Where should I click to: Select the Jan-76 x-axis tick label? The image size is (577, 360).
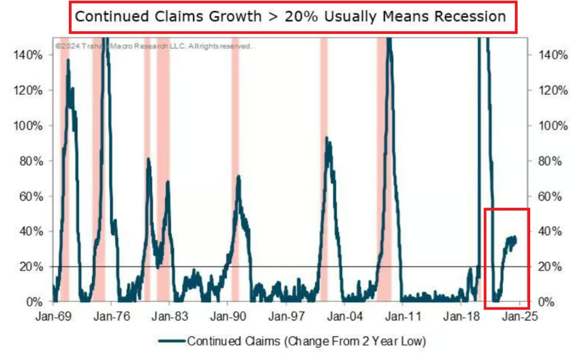tap(114, 316)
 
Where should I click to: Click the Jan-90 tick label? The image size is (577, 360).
tap(230, 316)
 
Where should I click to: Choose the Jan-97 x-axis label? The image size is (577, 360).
tap(288, 316)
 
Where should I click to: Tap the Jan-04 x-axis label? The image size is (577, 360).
tap(346, 316)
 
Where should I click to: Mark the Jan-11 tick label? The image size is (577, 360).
tap(404, 316)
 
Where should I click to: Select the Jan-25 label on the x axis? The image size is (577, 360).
tap(520, 316)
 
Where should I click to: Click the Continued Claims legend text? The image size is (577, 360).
tap(307, 341)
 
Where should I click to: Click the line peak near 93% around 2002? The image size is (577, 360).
tap(326, 138)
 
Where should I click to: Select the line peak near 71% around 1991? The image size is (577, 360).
tap(239, 176)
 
